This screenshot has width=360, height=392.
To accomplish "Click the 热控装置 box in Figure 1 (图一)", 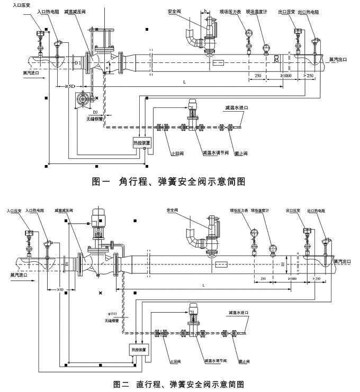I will (x=142, y=143).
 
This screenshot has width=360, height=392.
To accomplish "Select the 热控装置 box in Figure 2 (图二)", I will (x=139, y=350).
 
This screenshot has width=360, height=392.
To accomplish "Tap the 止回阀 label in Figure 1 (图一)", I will (x=169, y=154).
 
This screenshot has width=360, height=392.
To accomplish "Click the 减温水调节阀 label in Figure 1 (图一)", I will (x=215, y=153).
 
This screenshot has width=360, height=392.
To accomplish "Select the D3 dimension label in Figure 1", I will (x=95, y=113).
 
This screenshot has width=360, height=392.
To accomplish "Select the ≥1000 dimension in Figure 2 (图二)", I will (x=291, y=278).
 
